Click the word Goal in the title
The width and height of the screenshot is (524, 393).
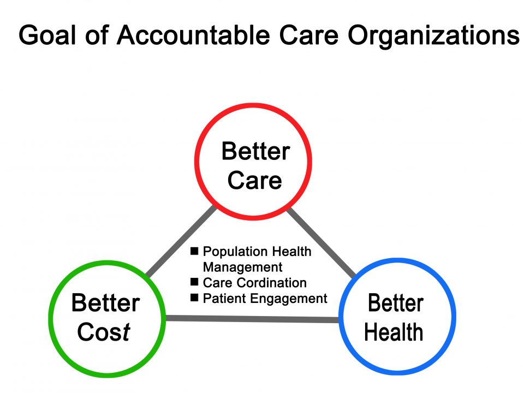(47, 35)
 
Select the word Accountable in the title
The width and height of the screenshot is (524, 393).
(193, 35)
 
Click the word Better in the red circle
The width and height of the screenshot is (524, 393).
(255, 151)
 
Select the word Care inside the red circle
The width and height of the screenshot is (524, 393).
(255, 180)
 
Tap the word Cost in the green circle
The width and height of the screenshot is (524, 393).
(104, 332)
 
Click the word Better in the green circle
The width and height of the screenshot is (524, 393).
(105, 303)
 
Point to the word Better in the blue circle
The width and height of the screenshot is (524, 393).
(396, 303)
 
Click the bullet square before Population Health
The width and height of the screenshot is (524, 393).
(194, 251)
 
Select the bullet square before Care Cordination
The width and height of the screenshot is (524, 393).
(194, 282)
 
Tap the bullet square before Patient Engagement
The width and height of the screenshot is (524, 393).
(194, 297)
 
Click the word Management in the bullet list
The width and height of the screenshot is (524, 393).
(242, 267)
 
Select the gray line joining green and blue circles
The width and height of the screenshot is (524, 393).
(252, 319)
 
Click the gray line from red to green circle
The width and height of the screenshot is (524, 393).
(181, 241)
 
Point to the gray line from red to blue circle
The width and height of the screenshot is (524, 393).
(321, 243)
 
